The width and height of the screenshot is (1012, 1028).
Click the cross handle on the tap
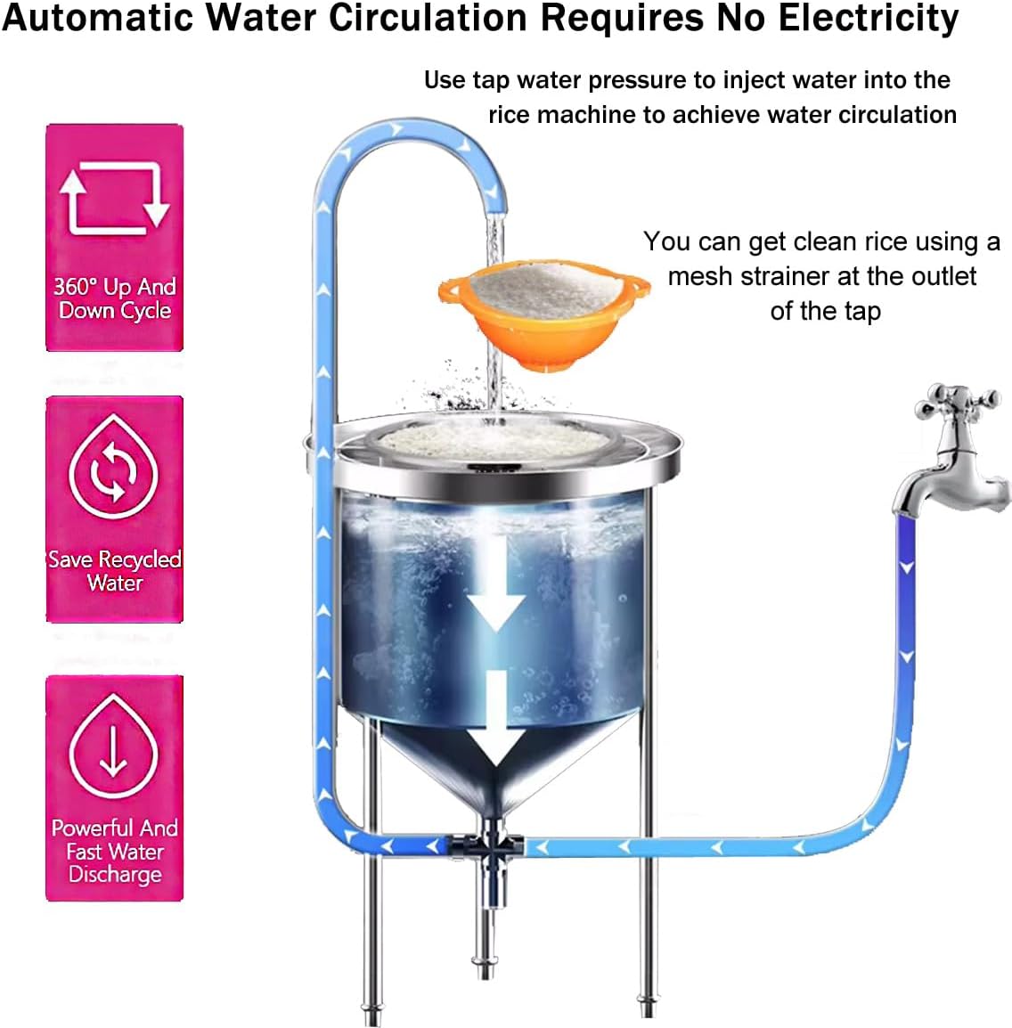954,402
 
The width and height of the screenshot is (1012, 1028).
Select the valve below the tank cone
489,844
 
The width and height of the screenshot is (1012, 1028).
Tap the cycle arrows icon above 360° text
114,197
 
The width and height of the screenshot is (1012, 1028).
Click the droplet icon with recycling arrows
114,469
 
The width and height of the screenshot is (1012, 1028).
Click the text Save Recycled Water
114,571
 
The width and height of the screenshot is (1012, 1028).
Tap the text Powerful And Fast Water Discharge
114,851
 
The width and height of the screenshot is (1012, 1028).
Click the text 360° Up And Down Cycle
114,298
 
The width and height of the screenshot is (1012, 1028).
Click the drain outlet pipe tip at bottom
484,967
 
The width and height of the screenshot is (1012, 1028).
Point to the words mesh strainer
762,276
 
